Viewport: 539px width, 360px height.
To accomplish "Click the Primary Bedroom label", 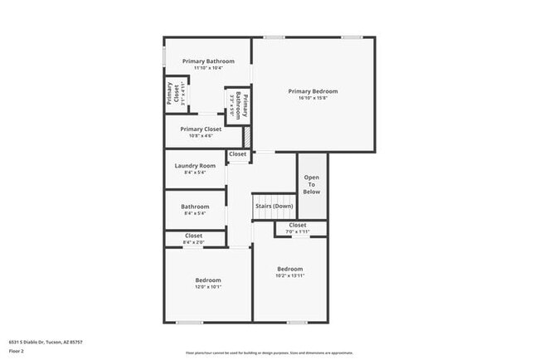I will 313,91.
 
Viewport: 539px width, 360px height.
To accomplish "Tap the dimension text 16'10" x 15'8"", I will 313,98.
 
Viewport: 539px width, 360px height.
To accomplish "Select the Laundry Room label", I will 195,166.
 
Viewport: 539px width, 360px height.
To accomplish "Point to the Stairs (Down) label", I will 274,206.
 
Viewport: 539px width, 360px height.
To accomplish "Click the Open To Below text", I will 312,184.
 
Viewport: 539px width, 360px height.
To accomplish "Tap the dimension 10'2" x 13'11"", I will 290,275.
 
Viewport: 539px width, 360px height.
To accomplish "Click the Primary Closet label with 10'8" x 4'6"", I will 201,129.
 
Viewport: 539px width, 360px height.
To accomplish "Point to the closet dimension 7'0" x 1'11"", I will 298,231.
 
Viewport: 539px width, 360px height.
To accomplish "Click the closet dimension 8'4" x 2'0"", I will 194,242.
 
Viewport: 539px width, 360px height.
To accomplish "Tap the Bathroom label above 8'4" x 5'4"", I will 195,207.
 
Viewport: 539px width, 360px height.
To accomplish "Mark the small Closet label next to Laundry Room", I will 238,154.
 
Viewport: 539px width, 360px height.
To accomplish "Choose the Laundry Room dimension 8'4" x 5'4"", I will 195,173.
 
